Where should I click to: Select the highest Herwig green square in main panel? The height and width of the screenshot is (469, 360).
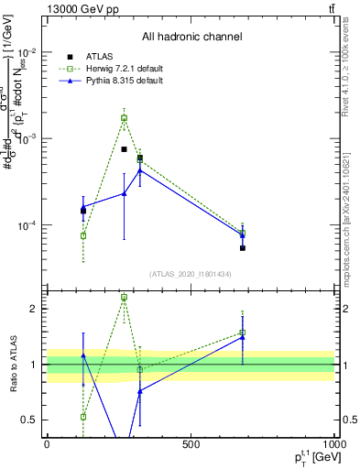point(124,117)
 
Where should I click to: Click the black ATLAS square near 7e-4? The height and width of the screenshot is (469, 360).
point(124,149)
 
